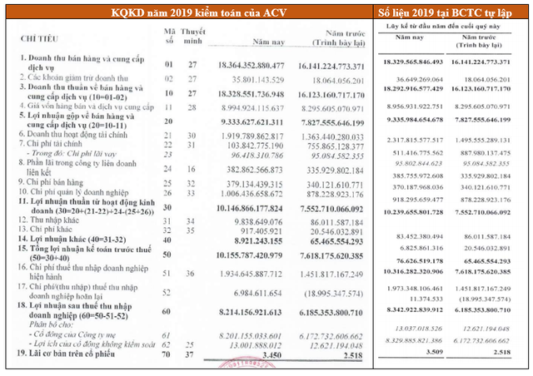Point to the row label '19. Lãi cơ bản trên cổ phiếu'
67,354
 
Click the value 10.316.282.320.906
418,272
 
